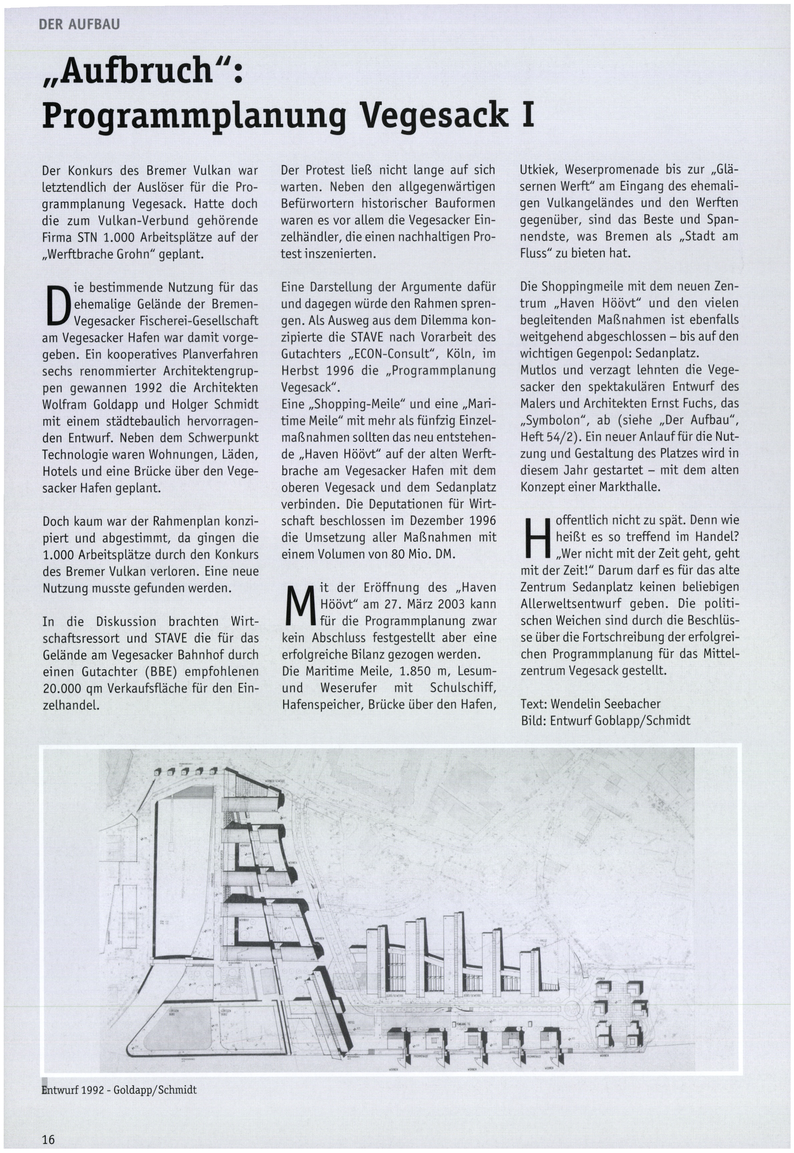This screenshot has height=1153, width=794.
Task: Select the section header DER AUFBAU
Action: pos(79,24)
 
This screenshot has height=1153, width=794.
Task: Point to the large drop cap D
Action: pos(56,305)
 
